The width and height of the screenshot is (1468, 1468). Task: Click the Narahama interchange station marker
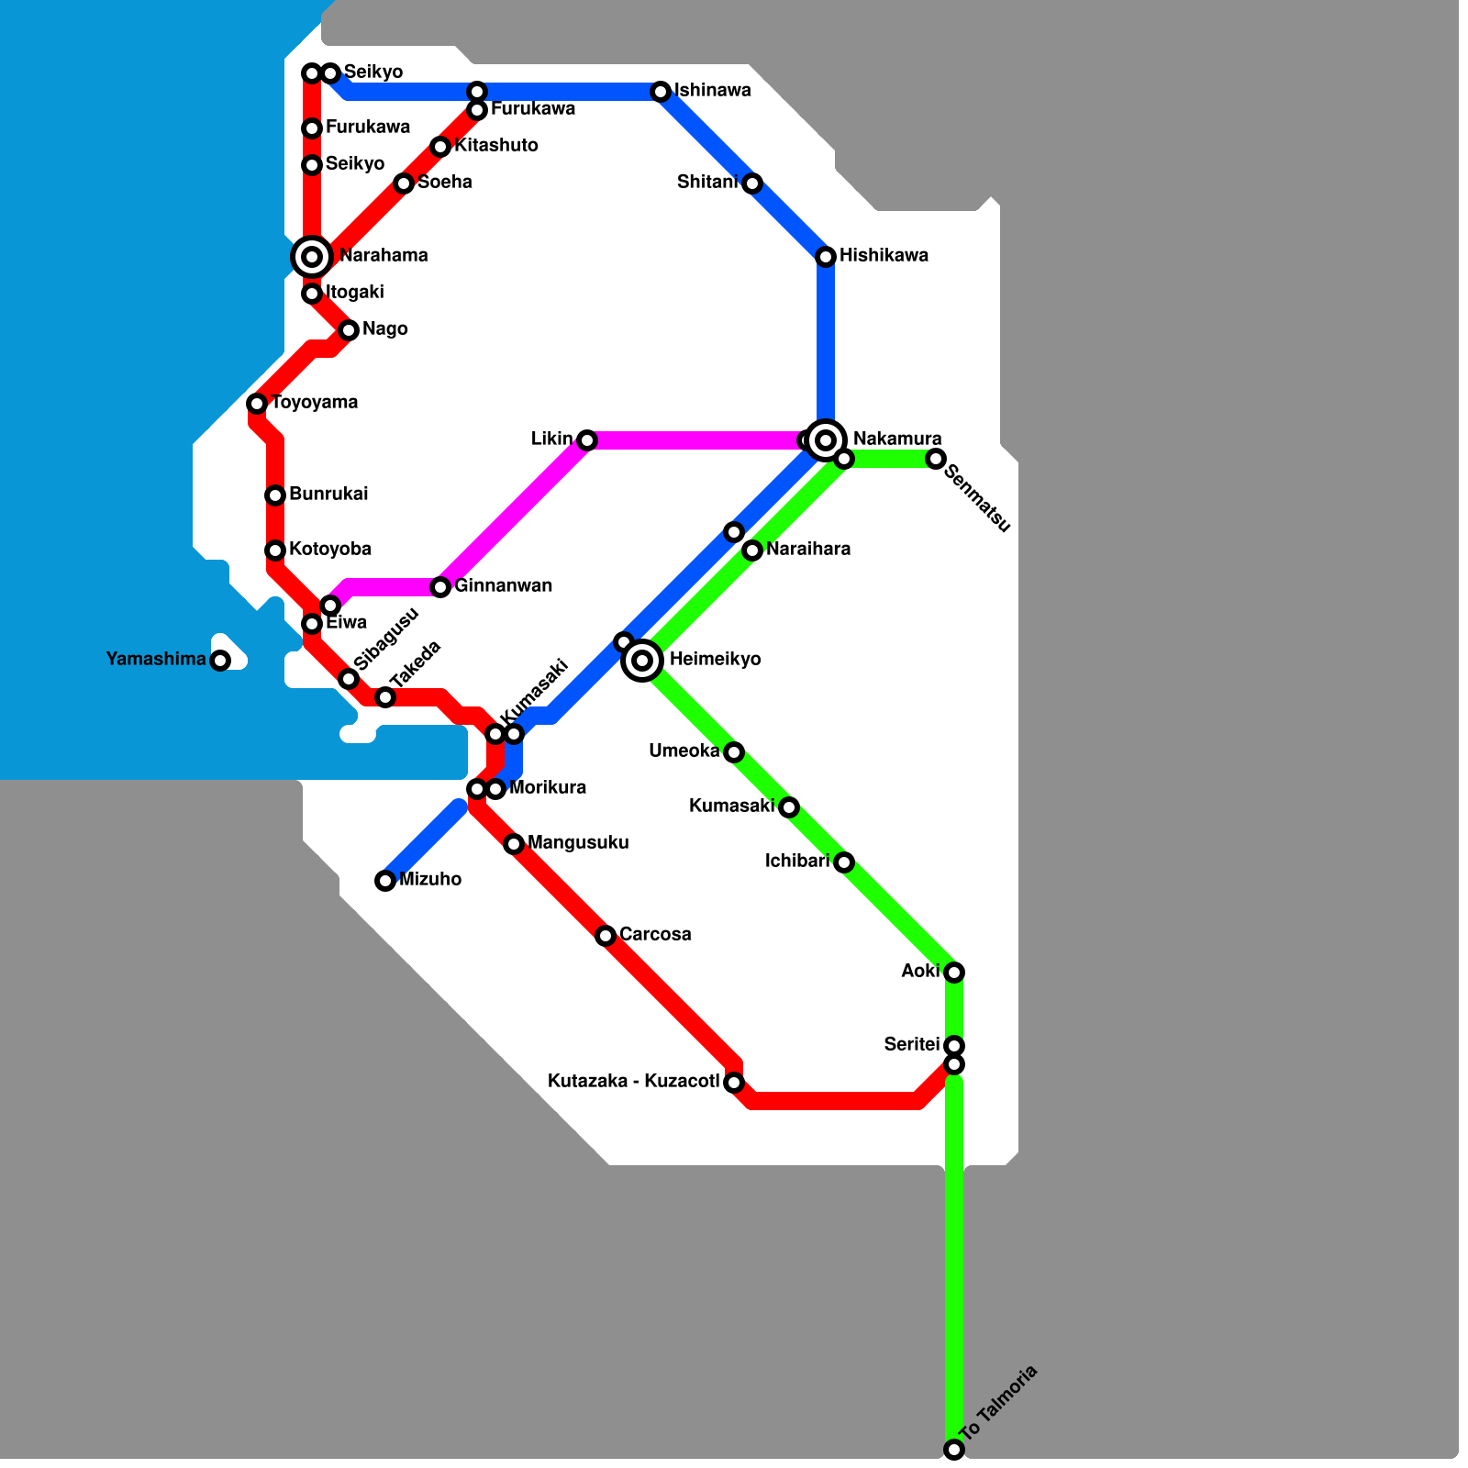click(312, 257)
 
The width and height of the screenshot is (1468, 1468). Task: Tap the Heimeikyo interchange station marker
click(642, 660)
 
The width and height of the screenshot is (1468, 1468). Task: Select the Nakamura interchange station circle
click(826, 440)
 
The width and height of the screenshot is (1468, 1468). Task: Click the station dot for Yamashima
click(220, 661)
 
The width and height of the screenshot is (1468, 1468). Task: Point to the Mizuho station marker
click(385, 881)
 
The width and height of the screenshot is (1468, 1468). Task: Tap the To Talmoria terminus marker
click(954, 1450)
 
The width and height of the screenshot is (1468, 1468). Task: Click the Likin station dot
click(587, 440)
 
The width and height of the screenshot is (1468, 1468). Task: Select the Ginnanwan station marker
click(440, 587)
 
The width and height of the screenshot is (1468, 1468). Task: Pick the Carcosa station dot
click(606, 936)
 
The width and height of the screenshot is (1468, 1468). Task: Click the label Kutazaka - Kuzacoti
click(633, 1082)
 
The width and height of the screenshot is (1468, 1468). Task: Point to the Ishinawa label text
click(713, 91)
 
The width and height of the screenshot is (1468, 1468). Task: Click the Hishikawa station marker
click(826, 257)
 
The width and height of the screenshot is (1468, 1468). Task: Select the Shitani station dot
click(752, 183)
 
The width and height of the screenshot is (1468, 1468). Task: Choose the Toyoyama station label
click(315, 403)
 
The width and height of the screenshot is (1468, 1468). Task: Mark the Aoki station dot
click(954, 973)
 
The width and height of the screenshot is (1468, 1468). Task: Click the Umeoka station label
click(684, 751)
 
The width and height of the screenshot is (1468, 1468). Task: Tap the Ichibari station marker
click(844, 862)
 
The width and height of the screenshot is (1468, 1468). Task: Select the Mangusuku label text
click(578, 843)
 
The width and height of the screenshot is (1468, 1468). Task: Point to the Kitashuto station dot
click(440, 147)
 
